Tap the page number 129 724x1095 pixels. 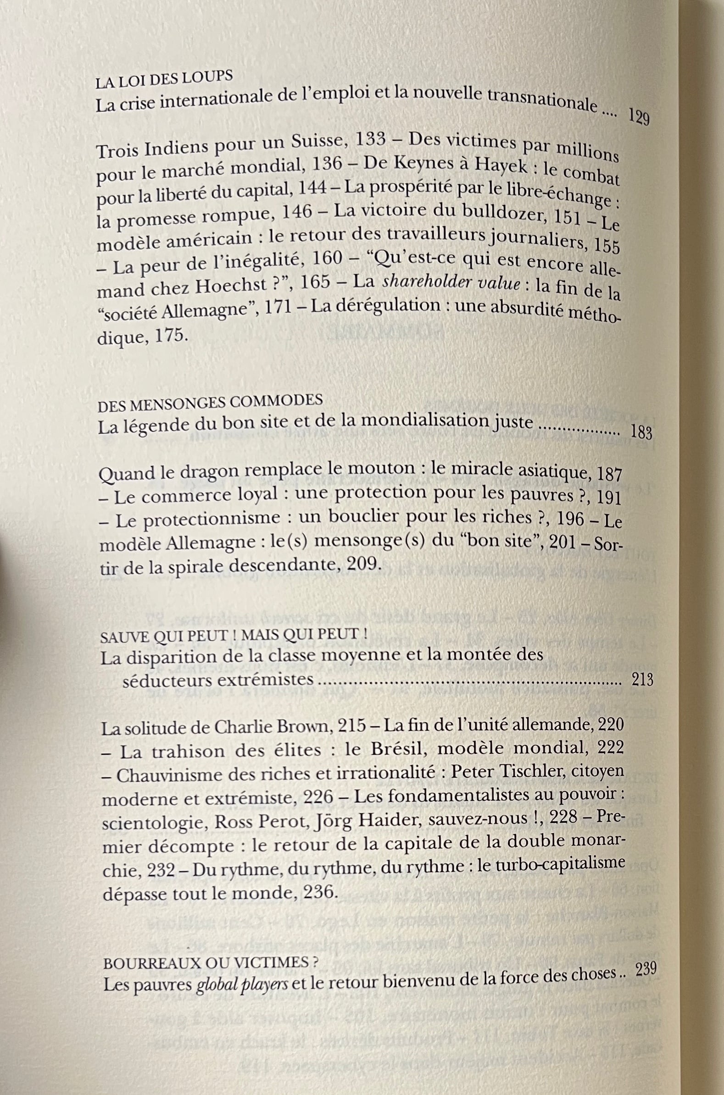point(639,118)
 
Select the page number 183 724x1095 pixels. point(641,433)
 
